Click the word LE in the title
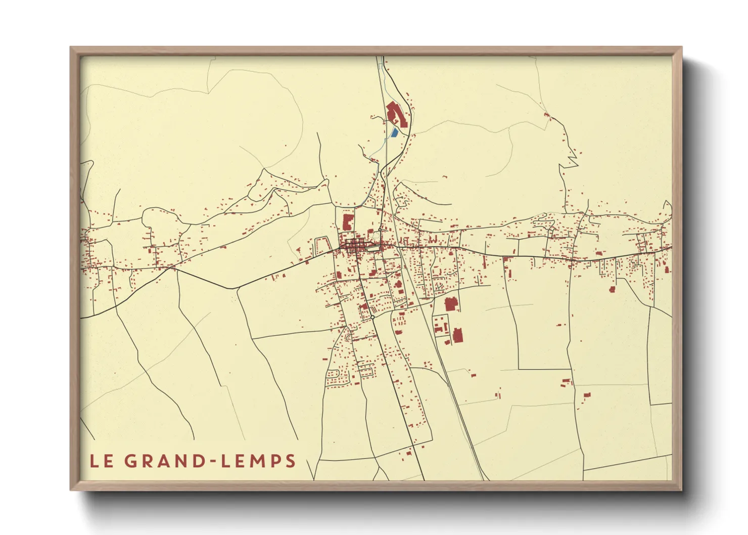pyautogui.click(x=101, y=461)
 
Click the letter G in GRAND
pyautogui.click(x=130, y=461)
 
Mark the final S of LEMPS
pyautogui.click(x=290, y=461)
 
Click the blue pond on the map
pyautogui.click(x=394, y=133)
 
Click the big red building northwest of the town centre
pyautogui.click(x=347, y=222)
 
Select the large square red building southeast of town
pyautogui.click(x=450, y=304)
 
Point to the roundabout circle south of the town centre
pyautogui.click(x=372, y=317)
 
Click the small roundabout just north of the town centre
pyautogui.click(x=380, y=231)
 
